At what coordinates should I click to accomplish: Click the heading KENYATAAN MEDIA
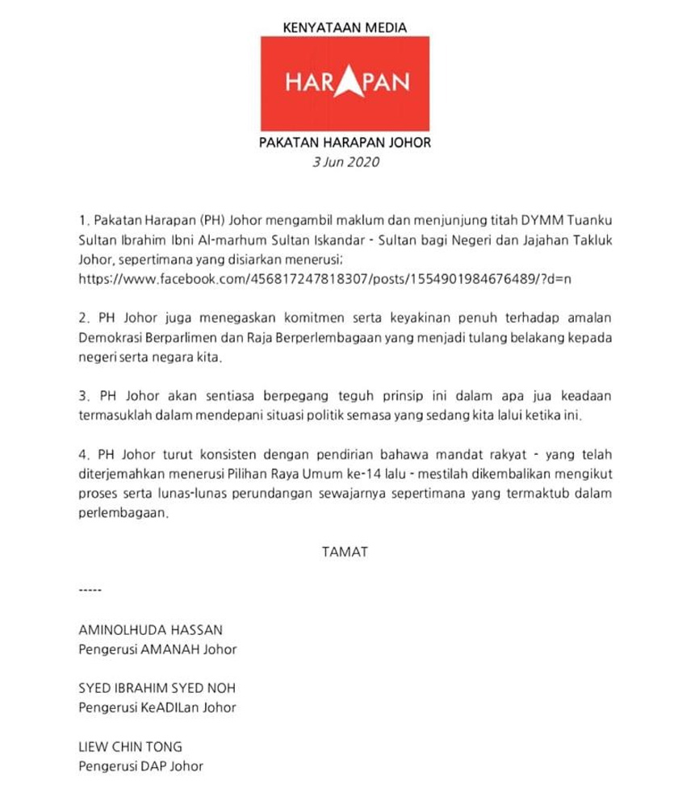click(345, 27)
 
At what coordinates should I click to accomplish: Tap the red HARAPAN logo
click(345, 83)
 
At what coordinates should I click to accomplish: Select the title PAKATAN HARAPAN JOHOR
click(345, 143)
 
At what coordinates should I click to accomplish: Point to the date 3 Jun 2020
click(345, 162)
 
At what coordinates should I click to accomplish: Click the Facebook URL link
click(324, 279)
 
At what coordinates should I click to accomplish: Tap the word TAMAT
click(345, 552)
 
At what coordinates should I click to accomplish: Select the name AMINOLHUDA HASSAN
click(150, 629)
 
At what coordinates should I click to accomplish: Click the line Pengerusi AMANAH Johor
click(157, 648)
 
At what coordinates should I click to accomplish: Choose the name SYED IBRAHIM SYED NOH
click(157, 688)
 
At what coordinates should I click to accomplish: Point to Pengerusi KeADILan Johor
click(157, 707)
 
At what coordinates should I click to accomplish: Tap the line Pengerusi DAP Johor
click(140, 766)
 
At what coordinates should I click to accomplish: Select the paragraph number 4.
click(84, 455)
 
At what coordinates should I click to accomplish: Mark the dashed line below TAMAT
click(90, 591)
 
